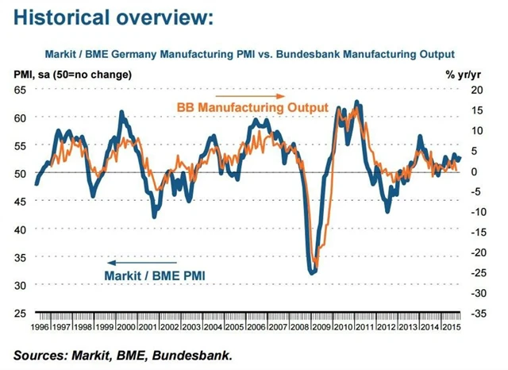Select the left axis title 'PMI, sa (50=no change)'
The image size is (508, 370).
(73, 75)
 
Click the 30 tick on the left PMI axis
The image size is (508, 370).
(21, 285)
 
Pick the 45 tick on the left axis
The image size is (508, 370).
(21, 201)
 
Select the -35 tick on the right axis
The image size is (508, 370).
(476, 314)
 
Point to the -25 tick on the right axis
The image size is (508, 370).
(476, 272)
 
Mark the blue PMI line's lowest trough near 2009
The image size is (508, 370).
(312, 272)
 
